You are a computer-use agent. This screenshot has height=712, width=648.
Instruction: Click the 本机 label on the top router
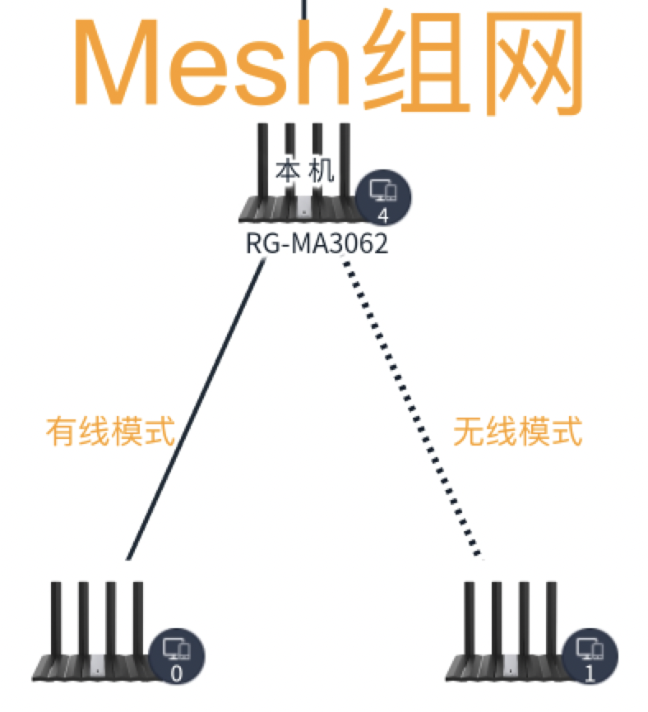tap(304, 171)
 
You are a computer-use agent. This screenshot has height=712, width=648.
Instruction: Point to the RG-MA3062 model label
tap(316, 244)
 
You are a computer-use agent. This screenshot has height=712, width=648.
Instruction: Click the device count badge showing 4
tap(383, 198)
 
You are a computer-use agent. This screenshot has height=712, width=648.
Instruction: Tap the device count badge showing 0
tap(176, 658)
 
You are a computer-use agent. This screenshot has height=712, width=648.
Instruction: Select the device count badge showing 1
tap(589, 658)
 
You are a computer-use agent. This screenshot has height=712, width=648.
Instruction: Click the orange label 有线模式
tap(110, 430)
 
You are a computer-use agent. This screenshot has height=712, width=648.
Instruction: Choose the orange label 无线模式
tap(517, 430)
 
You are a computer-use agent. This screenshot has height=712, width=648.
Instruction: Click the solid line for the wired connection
tap(197, 411)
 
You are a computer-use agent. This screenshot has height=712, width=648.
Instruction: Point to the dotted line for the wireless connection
tap(411, 411)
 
